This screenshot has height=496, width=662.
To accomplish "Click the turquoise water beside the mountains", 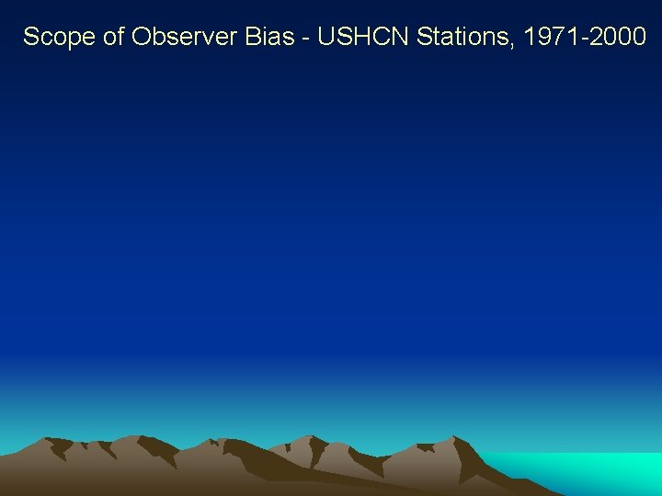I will click(588, 468).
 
